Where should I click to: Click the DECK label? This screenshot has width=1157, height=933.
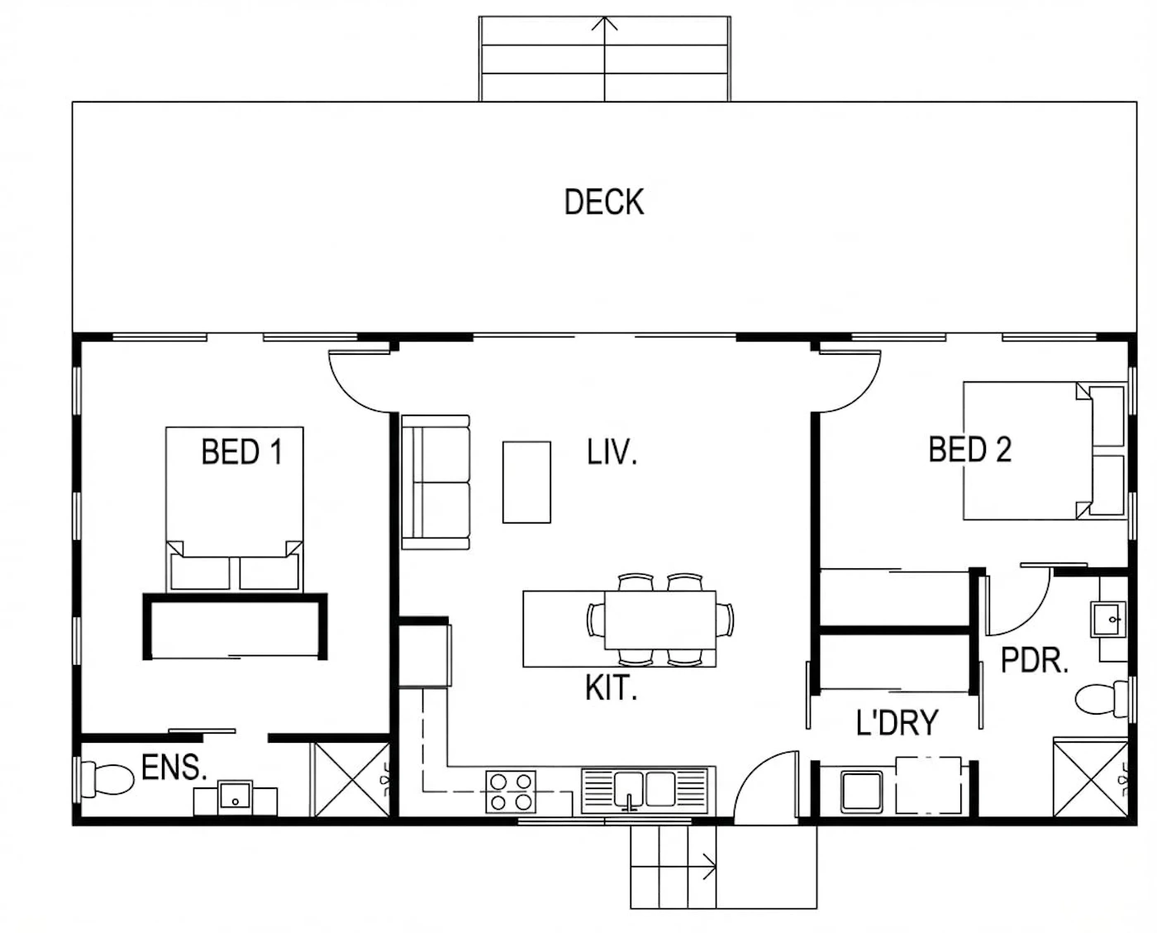(604, 202)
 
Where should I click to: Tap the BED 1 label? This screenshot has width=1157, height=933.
(241, 452)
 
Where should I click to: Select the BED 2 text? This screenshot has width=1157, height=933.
(970, 449)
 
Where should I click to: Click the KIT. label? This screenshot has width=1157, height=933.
(612, 687)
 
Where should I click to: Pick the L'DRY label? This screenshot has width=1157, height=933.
(897, 723)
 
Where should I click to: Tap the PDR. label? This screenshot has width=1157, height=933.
(1035, 661)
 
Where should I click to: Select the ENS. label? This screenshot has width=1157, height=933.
(174, 768)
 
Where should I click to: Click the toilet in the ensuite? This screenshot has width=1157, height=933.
(106, 779)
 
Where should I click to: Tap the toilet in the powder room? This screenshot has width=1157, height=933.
(1102, 699)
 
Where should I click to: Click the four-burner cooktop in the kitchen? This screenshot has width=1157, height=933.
(511, 792)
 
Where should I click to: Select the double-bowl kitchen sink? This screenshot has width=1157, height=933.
(644, 791)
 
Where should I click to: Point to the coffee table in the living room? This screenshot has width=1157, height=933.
(526, 482)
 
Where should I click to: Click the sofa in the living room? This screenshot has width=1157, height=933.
(436, 483)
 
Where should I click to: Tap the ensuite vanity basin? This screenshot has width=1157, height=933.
(235, 797)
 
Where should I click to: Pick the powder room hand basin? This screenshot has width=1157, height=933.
(1108, 620)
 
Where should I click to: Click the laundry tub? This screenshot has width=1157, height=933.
(862, 792)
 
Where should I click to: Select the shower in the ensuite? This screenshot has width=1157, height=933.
(351, 780)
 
